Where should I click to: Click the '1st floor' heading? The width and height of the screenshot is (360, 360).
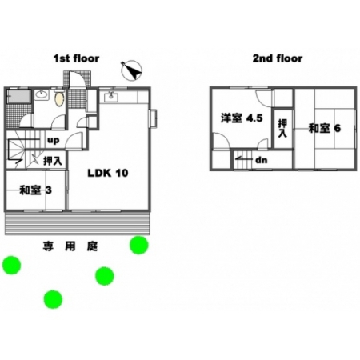(x=76, y=58)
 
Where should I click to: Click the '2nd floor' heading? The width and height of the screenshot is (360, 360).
(x=278, y=58)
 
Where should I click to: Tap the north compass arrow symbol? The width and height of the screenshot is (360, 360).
(x=131, y=70)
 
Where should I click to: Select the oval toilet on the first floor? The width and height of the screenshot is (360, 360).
(x=59, y=98)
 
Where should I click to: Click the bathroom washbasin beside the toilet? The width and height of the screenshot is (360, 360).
(x=42, y=94)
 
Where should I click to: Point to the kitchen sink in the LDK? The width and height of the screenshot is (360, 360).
(x=111, y=97)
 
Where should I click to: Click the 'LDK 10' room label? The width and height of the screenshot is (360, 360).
(x=108, y=173)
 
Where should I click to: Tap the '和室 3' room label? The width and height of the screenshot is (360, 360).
(x=35, y=190)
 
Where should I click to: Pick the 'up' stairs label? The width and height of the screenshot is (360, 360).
(x=53, y=140)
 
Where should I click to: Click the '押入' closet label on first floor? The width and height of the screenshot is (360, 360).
(x=53, y=161)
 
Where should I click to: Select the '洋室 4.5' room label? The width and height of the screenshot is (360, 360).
(x=242, y=118)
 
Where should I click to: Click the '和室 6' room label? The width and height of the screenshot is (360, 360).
(x=325, y=128)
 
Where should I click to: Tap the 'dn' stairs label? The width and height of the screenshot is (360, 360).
(x=261, y=160)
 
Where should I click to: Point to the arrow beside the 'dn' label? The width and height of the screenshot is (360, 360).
(x=244, y=159)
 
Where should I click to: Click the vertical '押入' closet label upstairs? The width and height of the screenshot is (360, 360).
(x=282, y=128)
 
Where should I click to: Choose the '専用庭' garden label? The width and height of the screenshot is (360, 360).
(x=70, y=246)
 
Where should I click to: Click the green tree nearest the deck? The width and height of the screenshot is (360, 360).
(x=138, y=245)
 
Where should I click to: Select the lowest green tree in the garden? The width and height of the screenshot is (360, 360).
(x=53, y=299)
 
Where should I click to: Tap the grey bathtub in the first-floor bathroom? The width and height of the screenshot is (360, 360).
(x=18, y=96)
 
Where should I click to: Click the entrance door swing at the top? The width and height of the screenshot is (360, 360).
(x=78, y=79)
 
